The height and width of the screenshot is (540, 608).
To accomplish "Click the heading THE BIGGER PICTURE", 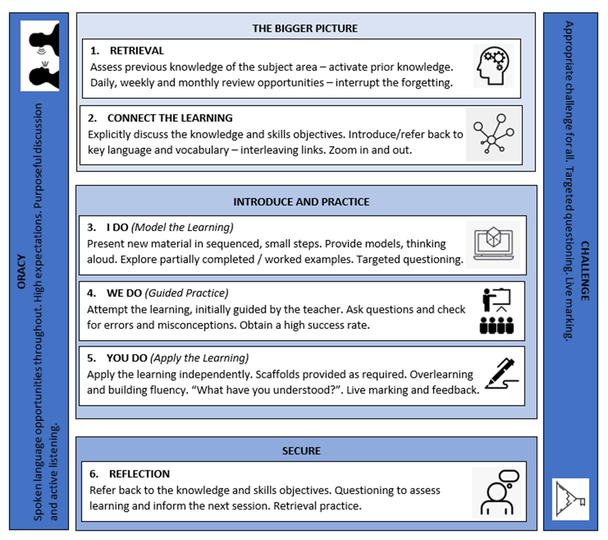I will [x=305, y=28].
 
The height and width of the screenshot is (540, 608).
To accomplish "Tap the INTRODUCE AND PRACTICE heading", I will [x=301, y=202].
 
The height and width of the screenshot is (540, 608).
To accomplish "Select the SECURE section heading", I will [x=302, y=451].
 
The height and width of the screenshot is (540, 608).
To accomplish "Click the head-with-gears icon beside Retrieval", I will [x=493, y=66].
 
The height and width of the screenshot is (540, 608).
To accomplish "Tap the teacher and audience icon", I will [x=496, y=311].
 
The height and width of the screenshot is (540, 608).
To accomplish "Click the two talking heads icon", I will [x=39, y=56].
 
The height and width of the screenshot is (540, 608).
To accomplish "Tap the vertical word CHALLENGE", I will [x=584, y=270].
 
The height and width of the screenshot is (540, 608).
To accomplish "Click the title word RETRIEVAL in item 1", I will [x=137, y=51].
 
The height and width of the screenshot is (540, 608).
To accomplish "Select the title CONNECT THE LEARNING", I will [x=169, y=118].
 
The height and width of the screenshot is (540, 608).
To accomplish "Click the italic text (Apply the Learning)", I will [x=200, y=358].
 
